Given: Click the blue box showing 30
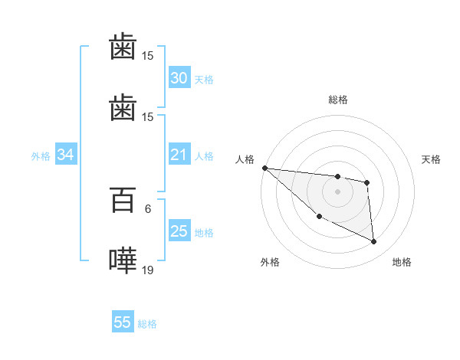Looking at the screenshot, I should [x=179, y=78].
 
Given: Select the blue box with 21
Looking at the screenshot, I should [x=179, y=155].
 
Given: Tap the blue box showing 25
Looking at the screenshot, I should [x=179, y=231].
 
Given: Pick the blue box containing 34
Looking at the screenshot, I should [x=65, y=155].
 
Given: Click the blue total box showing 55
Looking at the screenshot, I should [x=123, y=322].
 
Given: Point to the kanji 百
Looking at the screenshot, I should [x=123, y=201].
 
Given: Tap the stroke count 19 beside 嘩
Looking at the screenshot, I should [x=148, y=270].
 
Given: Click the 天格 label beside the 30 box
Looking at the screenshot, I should [x=203, y=80].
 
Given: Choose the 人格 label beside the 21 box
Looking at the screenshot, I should [x=203, y=156].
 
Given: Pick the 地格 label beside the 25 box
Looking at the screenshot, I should [x=203, y=233].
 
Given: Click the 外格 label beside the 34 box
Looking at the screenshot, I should [x=41, y=156].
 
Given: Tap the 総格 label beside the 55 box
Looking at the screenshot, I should [x=147, y=324].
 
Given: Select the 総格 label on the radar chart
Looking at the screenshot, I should [x=337, y=100].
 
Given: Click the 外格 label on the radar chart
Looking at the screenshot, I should [x=270, y=262].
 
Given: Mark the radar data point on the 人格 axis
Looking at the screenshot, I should [x=264, y=168].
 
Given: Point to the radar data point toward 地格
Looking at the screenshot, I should [x=374, y=242].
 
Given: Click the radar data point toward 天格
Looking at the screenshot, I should [x=367, y=182].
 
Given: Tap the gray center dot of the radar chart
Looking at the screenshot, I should [x=337, y=191].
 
